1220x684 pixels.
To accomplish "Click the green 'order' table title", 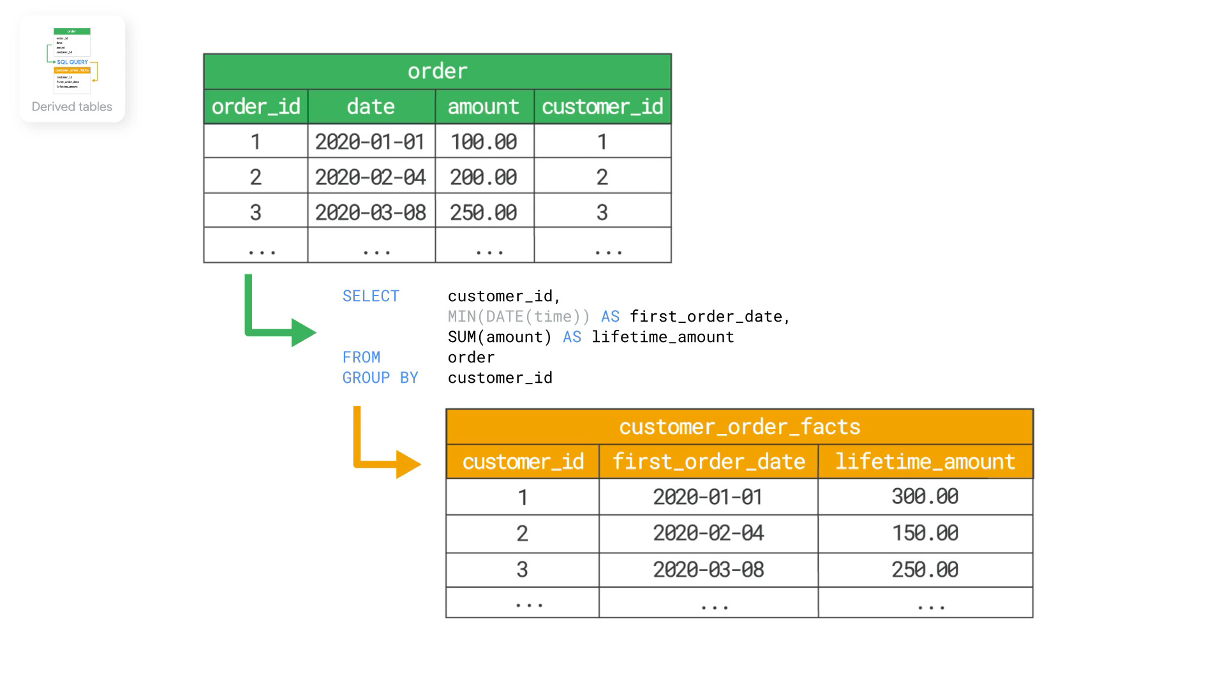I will (x=437, y=71).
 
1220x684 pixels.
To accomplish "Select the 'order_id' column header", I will (x=255, y=107).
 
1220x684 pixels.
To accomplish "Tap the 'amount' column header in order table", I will (x=484, y=107).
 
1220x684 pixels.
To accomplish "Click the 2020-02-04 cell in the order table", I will (x=371, y=177).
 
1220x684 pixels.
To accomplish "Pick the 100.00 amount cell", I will (x=484, y=142).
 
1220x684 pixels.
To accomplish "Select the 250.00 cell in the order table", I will (x=484, y=212).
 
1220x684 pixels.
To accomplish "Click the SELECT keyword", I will (x=371, y=296).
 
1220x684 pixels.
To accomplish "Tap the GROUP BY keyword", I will (x=380, y=378).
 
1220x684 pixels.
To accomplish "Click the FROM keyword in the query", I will (x=361, y=357).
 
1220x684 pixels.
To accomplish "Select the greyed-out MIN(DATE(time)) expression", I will (x=518, y=316).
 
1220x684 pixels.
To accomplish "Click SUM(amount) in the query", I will (x=499, y=337).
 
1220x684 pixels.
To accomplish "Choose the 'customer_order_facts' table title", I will (x=739, y=426).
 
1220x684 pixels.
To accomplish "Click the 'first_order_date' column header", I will (x=708, y=461).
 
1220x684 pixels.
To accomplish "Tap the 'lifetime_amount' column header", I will (x=925, y=461).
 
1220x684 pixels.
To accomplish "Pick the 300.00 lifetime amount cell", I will (x=925, y=496).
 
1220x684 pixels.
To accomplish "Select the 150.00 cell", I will (x=925, y=533).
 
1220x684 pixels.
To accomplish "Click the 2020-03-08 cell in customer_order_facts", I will (x=708, y=569).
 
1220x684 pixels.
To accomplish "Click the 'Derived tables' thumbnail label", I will (x=72, y=107).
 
